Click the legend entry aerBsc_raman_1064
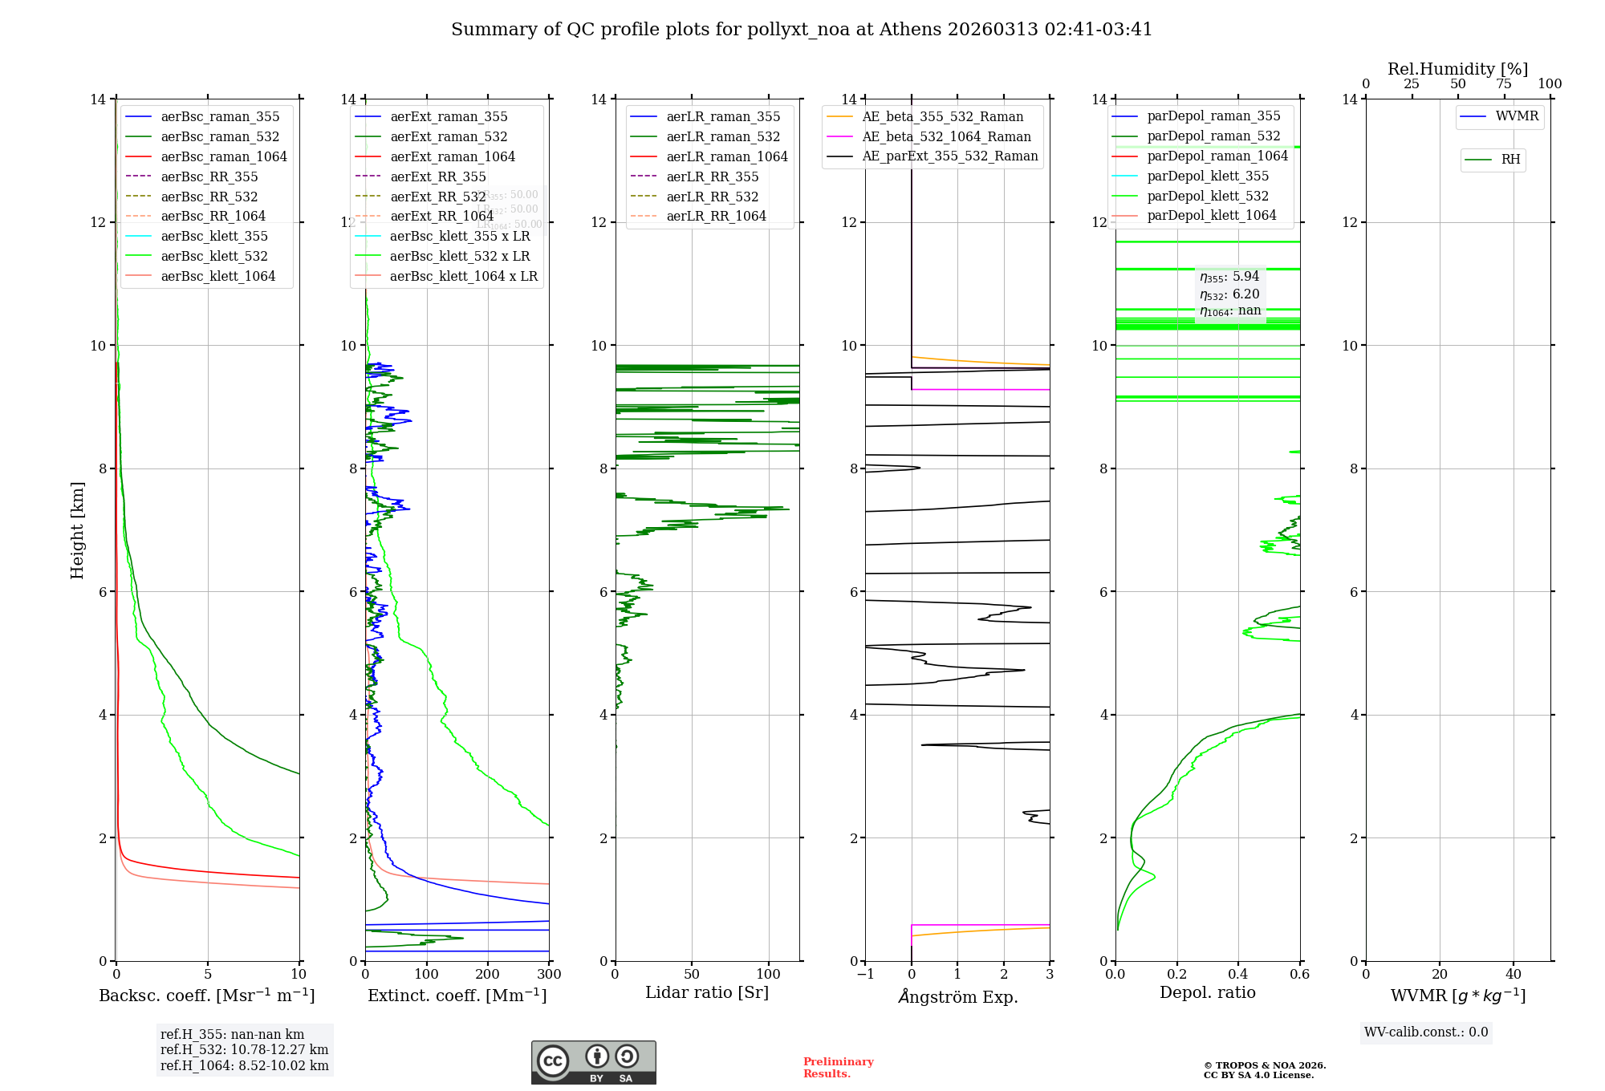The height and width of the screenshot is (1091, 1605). tap(223, 156)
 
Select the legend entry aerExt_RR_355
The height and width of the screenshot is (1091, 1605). tap(437, 176)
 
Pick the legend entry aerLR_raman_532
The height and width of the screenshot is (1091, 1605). tap(722, 136)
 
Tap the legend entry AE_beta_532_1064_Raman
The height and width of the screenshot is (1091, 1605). tap(946, 136)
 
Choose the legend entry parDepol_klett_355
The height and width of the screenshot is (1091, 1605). tap(1208, 176)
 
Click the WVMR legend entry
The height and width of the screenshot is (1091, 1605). tap(1517, 116)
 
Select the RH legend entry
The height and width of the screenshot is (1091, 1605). tap(1510, 160)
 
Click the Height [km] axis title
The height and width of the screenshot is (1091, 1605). tap(77, 529)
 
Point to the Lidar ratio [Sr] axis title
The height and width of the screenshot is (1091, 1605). tap(706, 992)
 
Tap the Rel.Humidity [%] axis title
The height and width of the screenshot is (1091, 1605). tap(1457, 69)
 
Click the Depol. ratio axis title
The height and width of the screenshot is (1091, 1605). tap(1207, 992)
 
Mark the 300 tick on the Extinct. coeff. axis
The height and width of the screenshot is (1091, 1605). tap(549, 975)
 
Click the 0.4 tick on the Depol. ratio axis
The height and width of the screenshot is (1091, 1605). tap(1238, 975)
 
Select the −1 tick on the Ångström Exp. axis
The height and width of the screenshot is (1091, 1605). tap(865, 975)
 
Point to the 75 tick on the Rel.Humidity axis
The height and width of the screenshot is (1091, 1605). tap(1504, 84)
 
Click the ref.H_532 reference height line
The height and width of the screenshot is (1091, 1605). tap(244, 1049)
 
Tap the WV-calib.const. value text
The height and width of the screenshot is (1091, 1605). tap(1426, 1032)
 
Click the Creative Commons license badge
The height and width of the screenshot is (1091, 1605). tap(593, 1062)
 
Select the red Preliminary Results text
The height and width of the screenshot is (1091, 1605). tap(838, 1068)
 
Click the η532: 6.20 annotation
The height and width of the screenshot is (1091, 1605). tap(1229, 294)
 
